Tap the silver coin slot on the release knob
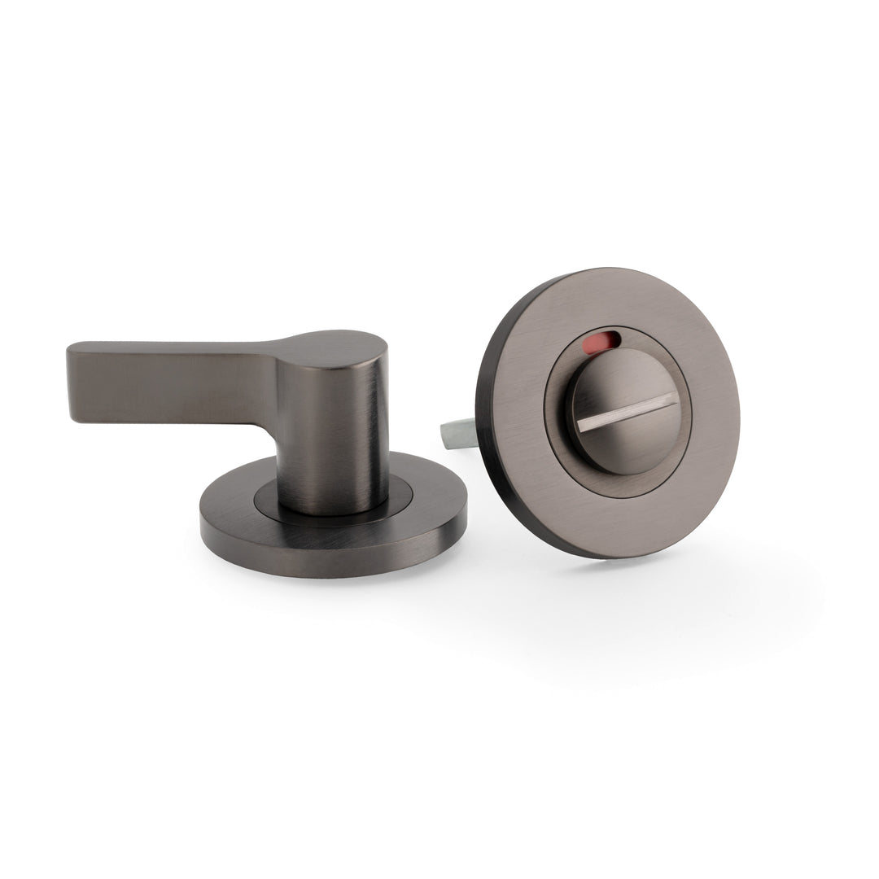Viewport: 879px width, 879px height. pyautogui.click(x=626, y=413)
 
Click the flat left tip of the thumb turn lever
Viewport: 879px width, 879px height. pyautogui.click(x=72, y=381)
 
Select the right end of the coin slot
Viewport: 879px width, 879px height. pyautogui.click(x=672, y=398)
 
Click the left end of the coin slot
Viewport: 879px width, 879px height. pyautogui.click(x=579, y=427)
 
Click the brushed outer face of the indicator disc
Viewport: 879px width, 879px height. pyautogui.click(x=700, y=472)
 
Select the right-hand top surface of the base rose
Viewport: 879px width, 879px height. pyautogui.click(x=431, y=496)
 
